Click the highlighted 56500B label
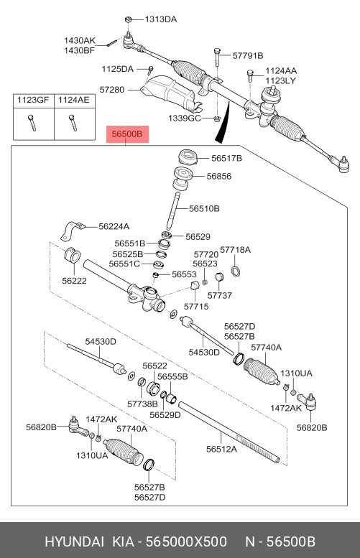[127, 134]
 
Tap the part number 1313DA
[160, 19]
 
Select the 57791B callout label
[248, 55]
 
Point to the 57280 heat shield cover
[171, 92]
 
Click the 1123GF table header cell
[33, 100]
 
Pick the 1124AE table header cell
[74, 100]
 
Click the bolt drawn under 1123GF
[32, 122]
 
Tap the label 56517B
[227, 158]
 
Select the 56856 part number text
[219, 176]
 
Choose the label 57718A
[236, 250]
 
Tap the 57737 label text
[220, 295]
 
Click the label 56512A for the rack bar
[221, 449]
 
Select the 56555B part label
[172, 376]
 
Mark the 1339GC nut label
[185, 118]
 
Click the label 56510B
[204, 208]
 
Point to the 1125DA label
[118, 69]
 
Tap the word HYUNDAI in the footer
[75, 541]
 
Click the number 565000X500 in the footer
[187, 541]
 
